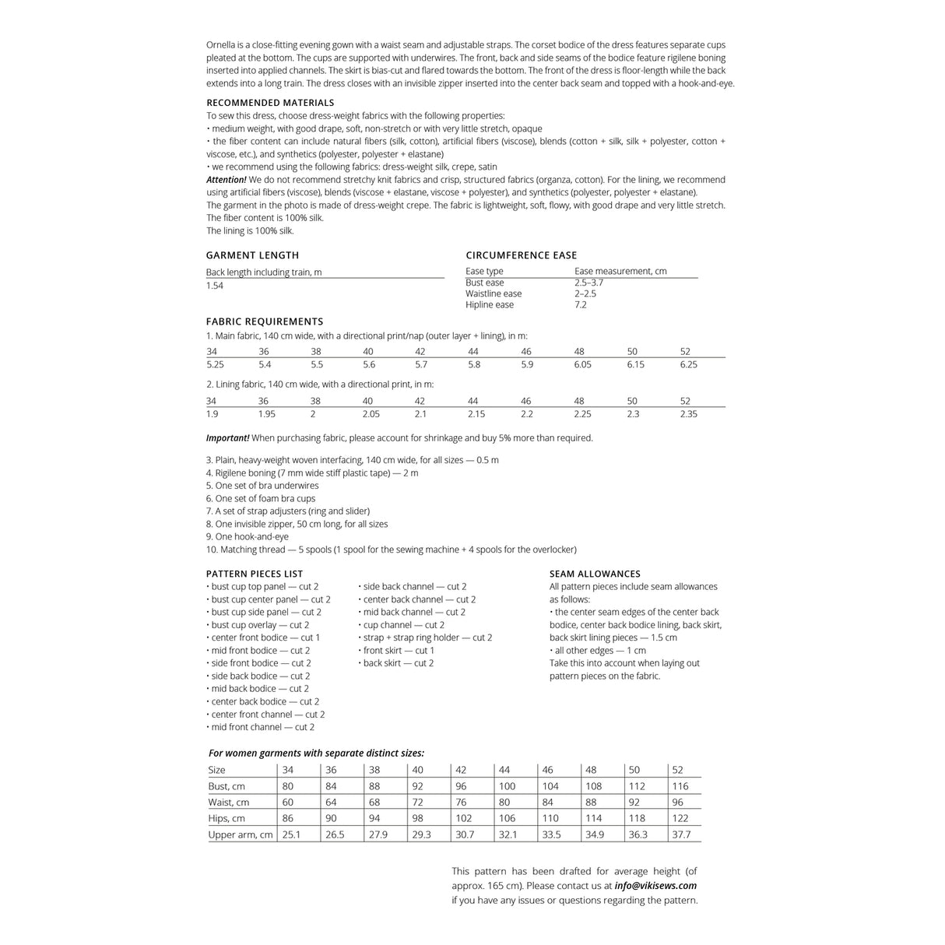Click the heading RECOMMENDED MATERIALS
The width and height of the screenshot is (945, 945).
270,103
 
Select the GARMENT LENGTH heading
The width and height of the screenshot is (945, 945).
252,255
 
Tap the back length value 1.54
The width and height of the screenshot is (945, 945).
215,286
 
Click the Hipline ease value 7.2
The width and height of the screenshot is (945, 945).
581,305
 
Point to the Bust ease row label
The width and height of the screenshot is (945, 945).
484,283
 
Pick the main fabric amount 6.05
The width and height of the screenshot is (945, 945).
582,364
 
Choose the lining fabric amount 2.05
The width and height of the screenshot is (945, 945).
371,414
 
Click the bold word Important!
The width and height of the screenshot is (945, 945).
227,438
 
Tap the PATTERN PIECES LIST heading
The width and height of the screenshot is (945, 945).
255,574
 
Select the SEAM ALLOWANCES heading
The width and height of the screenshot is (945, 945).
595,574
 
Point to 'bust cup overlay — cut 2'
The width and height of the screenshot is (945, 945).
259,625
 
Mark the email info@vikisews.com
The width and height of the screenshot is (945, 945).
655,886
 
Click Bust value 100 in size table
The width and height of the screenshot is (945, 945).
507,786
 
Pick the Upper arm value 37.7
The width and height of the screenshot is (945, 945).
681,834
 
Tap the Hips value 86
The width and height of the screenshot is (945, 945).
288,818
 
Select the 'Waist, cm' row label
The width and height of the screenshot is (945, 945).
229,803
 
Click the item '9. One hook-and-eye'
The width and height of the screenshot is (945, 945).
248,537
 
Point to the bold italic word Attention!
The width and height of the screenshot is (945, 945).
227,180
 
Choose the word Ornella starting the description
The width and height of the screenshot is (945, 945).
223,45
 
